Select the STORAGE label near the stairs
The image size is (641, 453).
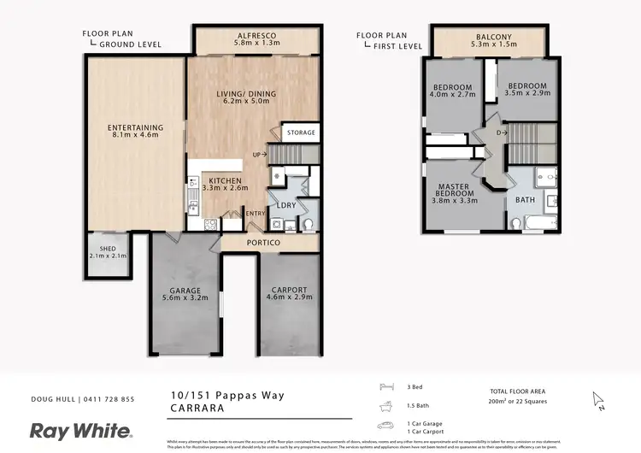pos(301,132)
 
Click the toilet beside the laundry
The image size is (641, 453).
pos(309,225)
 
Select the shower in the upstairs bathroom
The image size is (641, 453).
pos(545,178)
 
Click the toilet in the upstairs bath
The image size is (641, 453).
pos(516,223)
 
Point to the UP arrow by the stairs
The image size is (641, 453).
pos(261,154)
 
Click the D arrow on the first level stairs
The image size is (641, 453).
pos(503,132)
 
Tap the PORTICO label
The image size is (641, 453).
pos(263,243)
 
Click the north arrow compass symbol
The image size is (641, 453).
pos(598,400)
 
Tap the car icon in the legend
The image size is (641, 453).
pos(385,425)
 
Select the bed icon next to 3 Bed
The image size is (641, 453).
pos(385,387)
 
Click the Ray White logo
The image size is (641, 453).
pos(81,430)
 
